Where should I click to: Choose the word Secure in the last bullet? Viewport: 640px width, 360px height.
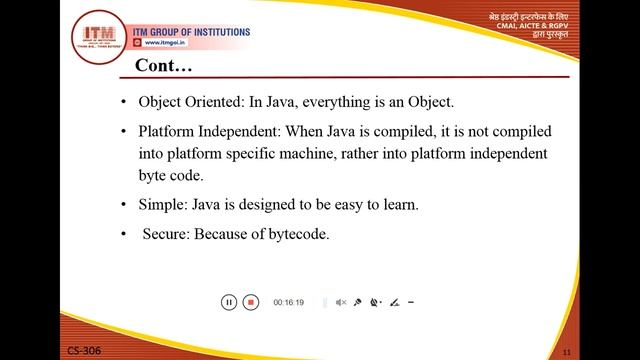click(165, 235)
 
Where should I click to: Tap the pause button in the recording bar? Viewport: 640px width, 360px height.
click(228, 302)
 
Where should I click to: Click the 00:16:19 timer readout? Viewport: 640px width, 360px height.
click(288, 302)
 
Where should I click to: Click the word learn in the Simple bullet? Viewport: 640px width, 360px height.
click(398, 205)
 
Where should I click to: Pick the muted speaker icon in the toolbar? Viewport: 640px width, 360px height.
click(340, 302)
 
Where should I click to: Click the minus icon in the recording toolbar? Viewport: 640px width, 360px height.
click(411, 302)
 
